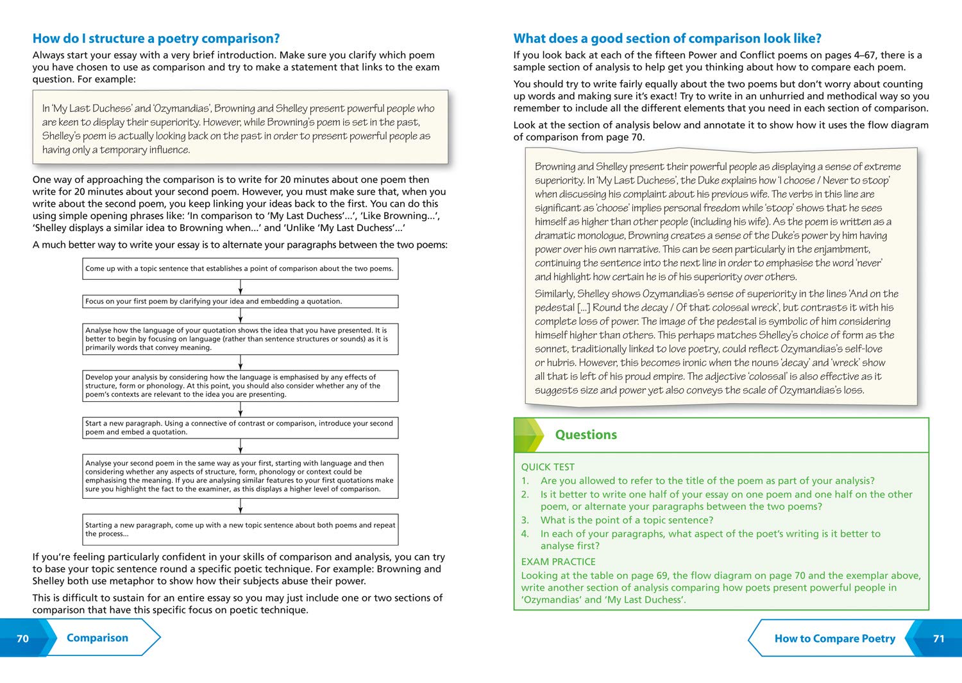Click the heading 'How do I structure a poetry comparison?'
click(x=156, y=39)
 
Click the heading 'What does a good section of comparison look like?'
click(x=667, y=39)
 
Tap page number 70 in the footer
click(x=23, y=638)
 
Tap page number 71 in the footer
click(x=938, y=638)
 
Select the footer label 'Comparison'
click(x=97, y=637)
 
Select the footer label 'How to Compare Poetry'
click(x=834, y=638)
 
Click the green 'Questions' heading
click(x=586, y=435)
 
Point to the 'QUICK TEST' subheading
click(x=548, y=467)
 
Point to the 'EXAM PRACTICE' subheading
click(x=558, y=561)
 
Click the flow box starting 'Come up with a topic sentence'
click(x=240, y=268)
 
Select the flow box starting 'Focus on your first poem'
click(x=240, y=301)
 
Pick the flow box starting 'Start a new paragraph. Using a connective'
click(x=240, y=428)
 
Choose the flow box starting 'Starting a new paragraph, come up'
click(x=240, y=529)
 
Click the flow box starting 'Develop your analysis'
click(x=240, y=386)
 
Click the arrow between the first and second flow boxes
click(x=240, y=287)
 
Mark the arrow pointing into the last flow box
click(x=240, y=506)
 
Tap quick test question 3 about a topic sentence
click(x=627, y=520)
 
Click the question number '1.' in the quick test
click(x=525, y=481)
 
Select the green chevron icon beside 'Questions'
click(x=529, y=435)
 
